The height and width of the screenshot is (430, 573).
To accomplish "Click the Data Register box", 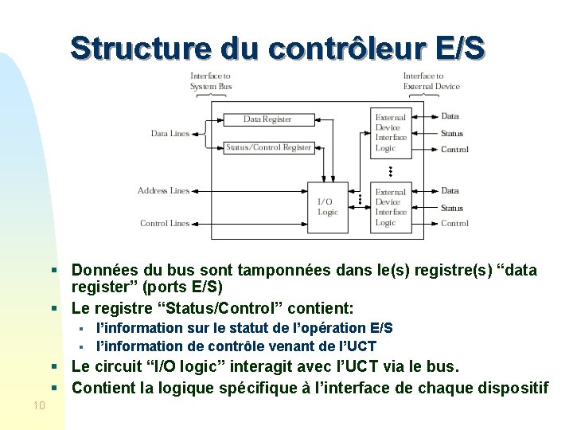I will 267,119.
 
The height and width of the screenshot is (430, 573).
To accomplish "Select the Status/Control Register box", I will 268,147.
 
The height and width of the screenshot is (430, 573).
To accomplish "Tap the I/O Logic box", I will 328,207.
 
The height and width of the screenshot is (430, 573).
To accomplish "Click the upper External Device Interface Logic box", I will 391,132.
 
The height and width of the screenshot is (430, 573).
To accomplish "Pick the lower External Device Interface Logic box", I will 391,207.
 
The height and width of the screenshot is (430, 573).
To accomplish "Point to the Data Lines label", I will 170,134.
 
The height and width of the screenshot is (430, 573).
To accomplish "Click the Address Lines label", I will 163,191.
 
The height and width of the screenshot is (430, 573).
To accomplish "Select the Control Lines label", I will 165,224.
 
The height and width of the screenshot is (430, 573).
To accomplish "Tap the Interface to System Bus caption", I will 211,81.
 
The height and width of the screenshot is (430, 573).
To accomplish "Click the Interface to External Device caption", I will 431,81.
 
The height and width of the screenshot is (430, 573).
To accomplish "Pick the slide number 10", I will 40,406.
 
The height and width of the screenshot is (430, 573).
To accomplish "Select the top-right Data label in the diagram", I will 450,116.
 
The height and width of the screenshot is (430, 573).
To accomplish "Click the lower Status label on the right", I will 452,208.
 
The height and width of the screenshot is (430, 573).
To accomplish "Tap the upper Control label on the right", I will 454,150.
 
